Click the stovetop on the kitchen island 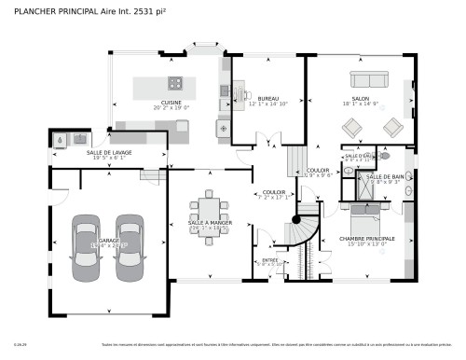[x=174, y=83]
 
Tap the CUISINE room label [x=171, y=103]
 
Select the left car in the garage [x=86, y=242]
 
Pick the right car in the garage [x=129, y=242]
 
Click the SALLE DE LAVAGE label [x=108, y=152]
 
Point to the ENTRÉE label [x=269, y=260]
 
